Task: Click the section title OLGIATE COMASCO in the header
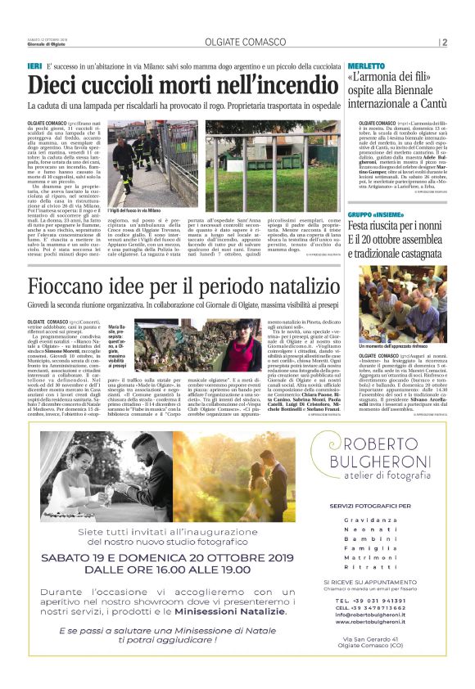pos(237,43)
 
